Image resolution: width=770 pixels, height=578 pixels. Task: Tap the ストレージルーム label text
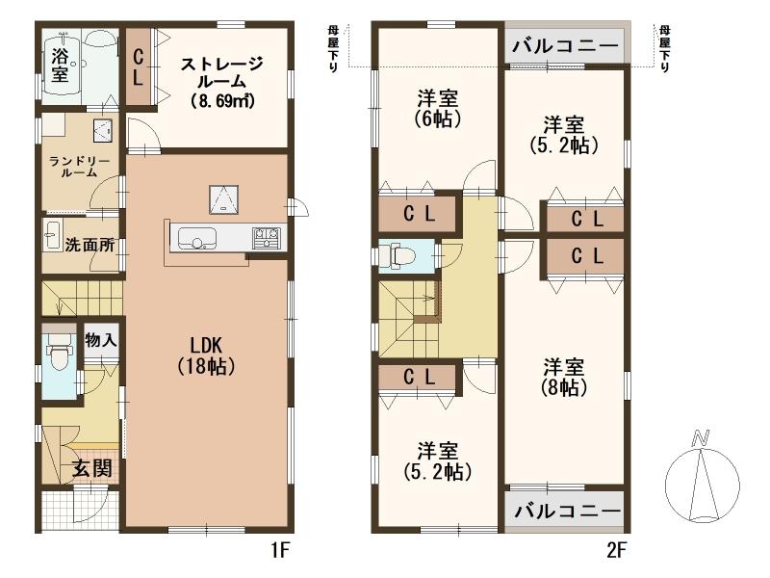222,82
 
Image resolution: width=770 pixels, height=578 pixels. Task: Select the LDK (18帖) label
206,355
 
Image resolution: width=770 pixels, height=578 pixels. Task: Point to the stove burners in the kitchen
267,237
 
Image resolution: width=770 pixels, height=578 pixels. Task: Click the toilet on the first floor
59,354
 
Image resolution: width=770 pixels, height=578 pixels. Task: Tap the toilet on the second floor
401,255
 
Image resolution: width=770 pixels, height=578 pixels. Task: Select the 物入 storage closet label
101,340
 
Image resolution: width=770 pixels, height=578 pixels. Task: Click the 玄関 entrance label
91,468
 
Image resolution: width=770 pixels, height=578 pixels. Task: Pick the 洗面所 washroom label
90,245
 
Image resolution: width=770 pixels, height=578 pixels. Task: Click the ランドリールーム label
80,167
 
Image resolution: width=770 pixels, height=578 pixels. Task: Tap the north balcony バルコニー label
565,46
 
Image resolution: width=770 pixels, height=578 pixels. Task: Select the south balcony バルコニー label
567,512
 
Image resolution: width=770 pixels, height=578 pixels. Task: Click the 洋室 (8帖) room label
564,378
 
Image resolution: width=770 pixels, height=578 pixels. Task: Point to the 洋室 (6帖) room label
438,109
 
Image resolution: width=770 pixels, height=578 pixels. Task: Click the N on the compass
701,437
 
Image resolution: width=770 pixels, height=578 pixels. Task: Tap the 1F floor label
280,550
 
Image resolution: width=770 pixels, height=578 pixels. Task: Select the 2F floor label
616,550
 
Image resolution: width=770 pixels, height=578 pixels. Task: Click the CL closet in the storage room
139,67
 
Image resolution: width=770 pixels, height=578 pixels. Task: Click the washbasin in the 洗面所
52,236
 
